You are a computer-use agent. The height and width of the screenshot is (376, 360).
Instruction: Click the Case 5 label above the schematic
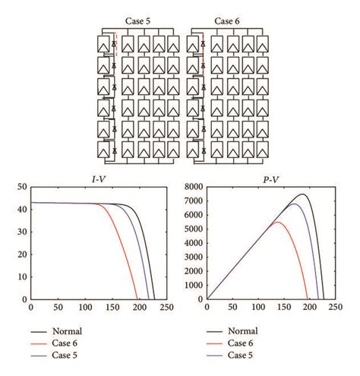click(x=137, y=21)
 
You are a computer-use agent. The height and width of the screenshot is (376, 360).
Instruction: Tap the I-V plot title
click(x=99, y=179)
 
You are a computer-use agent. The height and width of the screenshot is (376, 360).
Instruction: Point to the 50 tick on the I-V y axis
click(x=23, y=187)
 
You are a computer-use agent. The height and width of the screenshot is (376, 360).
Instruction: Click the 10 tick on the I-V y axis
click(x=23, y=276)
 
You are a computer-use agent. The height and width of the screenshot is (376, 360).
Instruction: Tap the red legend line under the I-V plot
click(x=39, y=345)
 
